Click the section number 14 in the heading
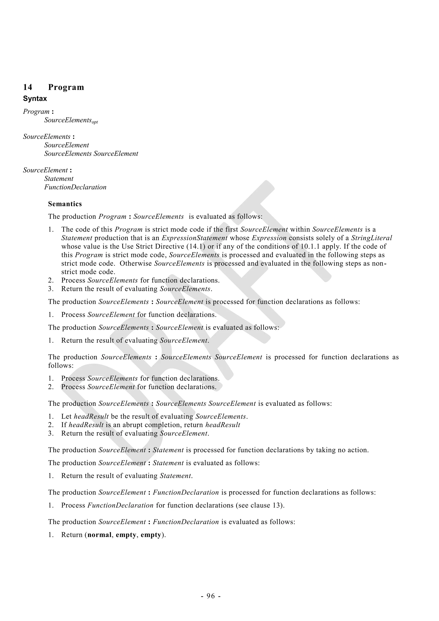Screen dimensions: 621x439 coord(28,87)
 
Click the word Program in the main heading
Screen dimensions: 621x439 coord(66,87)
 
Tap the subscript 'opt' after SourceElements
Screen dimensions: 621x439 coord(95,122)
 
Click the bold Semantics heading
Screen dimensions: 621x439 coord(65,204)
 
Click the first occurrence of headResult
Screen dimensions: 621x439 coord(91,416)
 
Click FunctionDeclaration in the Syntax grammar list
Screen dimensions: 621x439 coord(75,187)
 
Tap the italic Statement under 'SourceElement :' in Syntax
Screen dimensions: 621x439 coord(59,179)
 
